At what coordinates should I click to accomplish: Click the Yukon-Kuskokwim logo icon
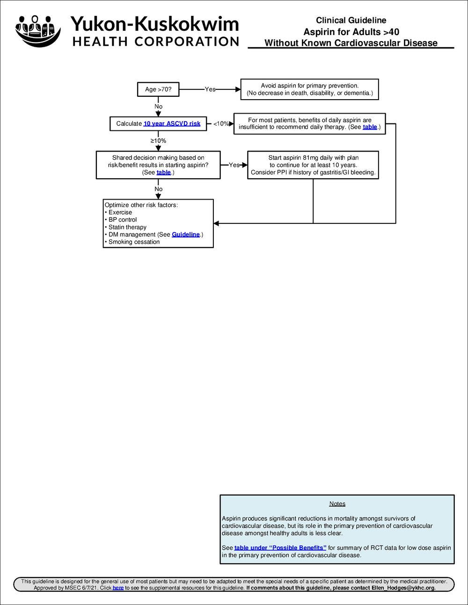click(38, 31)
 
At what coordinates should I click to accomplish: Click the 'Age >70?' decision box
click(158, 89)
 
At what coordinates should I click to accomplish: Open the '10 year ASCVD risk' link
click(172, 124)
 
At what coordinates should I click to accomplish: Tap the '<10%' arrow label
click(221, 124)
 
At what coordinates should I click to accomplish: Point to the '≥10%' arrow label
click(158, 141)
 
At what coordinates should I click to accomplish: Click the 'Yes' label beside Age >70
click(210, 89)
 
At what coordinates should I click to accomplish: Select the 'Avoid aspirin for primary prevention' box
click(309, 89)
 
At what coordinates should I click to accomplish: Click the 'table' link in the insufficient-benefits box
click(370, 127)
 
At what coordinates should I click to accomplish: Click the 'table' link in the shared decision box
click(163, 173)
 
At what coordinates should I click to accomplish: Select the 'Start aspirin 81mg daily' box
click(313, 165)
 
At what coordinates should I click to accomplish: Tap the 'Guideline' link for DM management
click(186, 235)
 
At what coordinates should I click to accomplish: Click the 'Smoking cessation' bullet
click(134, 242)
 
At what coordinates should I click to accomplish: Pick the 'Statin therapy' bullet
click(127, 227)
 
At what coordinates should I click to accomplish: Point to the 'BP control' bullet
click(123, 220)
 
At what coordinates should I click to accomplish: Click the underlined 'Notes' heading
click(337, 504)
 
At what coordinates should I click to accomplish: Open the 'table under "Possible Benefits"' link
click(280, 548)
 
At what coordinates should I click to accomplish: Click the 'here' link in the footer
click(118, 588)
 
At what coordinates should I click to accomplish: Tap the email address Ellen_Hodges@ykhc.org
click(403, 588)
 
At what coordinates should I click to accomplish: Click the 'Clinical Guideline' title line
click(351, 21)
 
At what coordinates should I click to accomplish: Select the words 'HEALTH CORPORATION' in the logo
click(156, 42)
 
